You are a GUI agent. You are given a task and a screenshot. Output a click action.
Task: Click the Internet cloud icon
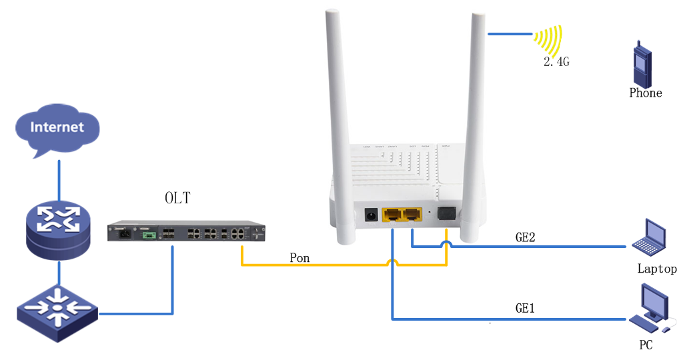tap(57, 128)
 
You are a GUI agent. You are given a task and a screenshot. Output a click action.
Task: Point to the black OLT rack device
tap(187, 233)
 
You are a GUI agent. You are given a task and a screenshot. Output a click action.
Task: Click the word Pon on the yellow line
tap(299, 257)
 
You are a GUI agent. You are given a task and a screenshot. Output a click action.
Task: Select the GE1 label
tap(525, 308)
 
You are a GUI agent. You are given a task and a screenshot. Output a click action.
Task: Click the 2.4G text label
tap(556, 62)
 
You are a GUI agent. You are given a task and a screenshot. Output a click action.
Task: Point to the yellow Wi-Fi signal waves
tap(548, 41)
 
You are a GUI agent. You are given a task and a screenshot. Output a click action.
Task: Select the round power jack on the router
tap(370, 215)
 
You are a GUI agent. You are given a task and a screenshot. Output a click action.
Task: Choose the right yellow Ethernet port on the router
tap(413, 215)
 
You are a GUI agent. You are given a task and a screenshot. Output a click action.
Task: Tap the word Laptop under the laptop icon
tap(657, 269)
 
